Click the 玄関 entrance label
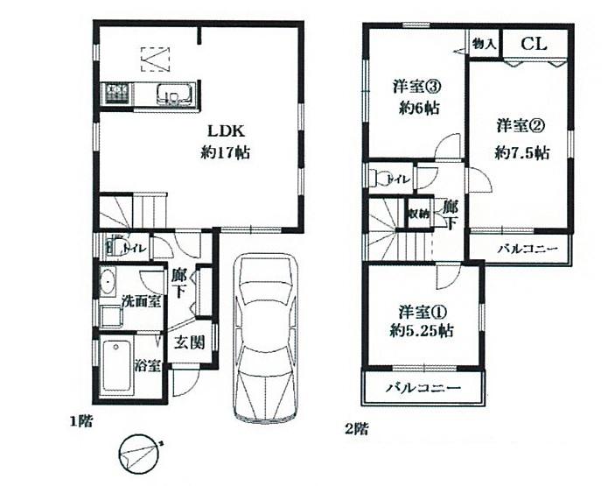pyautogui.click(x=186, y=342)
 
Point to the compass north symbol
pyautogui.click(x=141, y=452)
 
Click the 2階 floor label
pyautogui.click(x=355, y=428)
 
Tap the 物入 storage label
pyautogui.click(x=484, y=43)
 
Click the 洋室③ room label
pyautogui.click(x=415, y=87)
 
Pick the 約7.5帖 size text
pyautogui.click(x=521, y=151)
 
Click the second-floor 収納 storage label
pyautogui.click(x=419, y=214)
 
